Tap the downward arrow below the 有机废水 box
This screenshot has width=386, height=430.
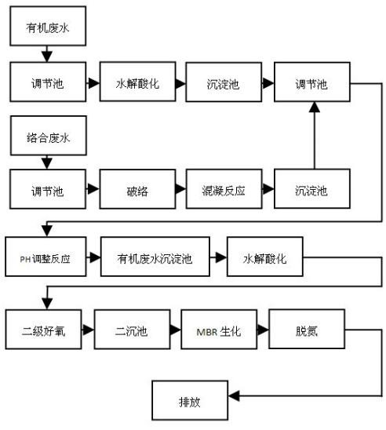click(46, 55)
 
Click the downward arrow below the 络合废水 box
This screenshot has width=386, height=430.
click(46, 162)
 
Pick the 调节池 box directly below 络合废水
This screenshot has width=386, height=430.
click(46, 190)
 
